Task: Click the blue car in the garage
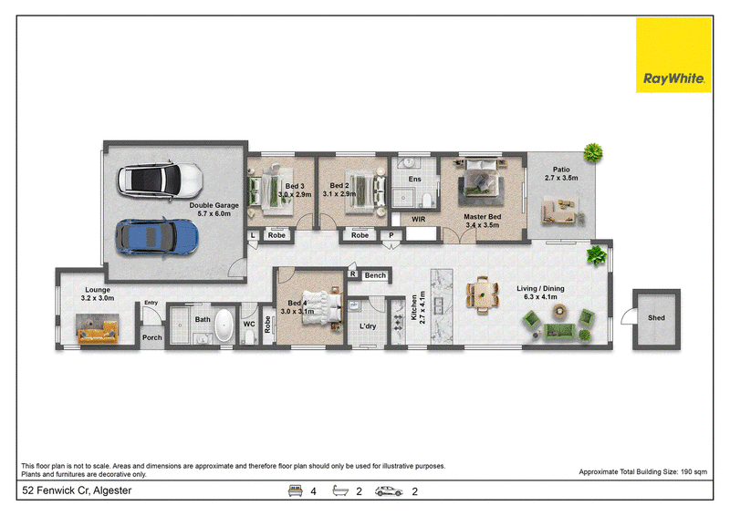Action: pos(157,237)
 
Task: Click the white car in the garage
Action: pos(160,181)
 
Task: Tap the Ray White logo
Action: pos(673,56)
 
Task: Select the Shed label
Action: pos(656,318)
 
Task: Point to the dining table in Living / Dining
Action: pos(483,295)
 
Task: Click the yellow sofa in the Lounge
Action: pos(98,332)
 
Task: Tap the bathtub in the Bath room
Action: pos(224,325)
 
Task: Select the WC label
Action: pos(249,324)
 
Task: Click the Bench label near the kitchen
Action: pos(375,275)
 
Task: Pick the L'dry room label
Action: pos(368,326)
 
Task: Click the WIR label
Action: pos(418,219)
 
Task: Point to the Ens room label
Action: pos(414,179)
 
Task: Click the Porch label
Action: pos(151,337)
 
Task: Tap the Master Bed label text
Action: pos(483,217)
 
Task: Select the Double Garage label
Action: pos(214,205)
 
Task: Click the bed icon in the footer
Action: pos(295,490)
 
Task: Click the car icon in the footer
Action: pos(389,491)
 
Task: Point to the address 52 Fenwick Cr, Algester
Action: pos(77,490)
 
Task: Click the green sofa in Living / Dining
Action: pos(559,331)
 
